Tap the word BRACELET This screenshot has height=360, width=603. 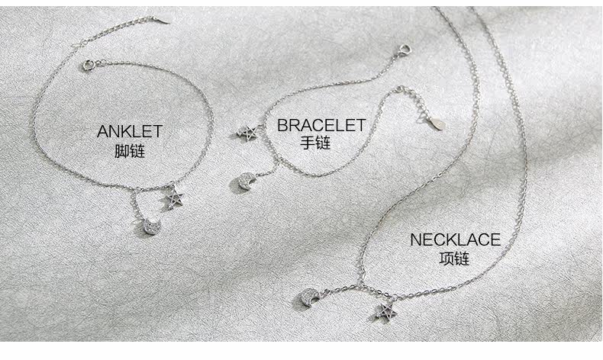(321, 125)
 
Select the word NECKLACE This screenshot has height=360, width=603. (455, 240)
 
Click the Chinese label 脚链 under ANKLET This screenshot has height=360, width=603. (129, 151)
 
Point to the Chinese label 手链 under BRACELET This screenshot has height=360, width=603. (315, 143)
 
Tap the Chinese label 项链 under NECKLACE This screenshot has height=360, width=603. (455, 259)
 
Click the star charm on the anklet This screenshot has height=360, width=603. (176, 198)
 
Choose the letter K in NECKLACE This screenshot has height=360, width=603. (446, 240)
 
